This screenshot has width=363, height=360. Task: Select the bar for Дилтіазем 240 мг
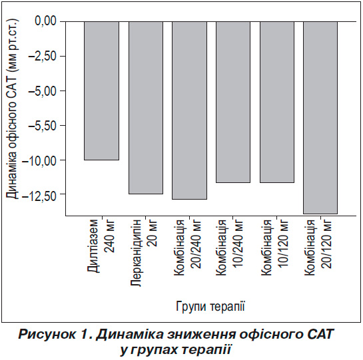click(102, 90)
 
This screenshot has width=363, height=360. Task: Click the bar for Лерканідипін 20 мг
click(146, 108)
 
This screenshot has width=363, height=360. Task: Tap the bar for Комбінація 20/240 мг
click(189, 110)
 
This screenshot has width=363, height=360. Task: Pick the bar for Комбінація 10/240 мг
click(233, 102)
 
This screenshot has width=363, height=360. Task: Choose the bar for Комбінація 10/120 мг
click(277, 102)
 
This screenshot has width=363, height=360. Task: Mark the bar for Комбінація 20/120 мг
click(320, 118)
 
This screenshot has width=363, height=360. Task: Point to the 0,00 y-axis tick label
click(46, 21)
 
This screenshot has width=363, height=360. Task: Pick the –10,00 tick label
click(39, 160)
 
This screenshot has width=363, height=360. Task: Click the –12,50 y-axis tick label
click(39, 194)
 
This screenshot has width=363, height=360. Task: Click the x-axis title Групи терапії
click(210, 307)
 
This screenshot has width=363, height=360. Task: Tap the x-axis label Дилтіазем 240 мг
click(102, 246)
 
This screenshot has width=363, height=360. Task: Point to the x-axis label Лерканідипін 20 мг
click(145, 253)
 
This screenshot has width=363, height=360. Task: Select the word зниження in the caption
click(202, 335)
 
